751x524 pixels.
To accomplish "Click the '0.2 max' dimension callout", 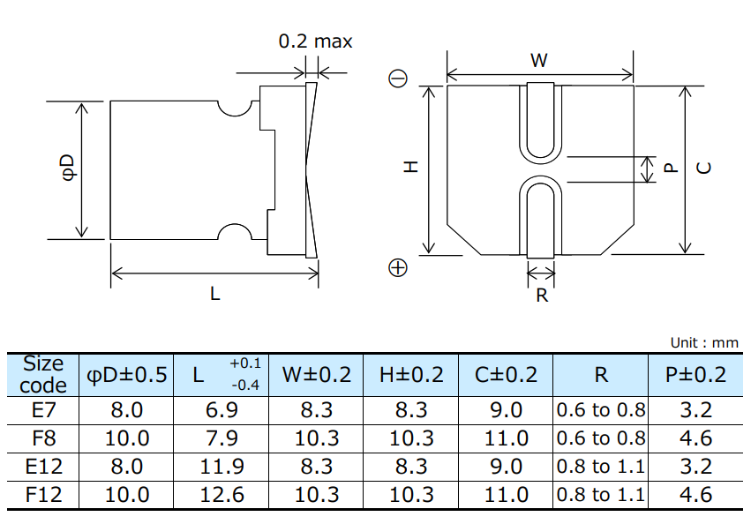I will point(315,41).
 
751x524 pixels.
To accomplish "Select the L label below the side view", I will point(214,295).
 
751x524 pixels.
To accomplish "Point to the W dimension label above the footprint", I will point(538,61).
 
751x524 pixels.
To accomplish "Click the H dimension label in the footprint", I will point(410,167).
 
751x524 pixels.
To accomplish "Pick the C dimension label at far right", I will point(704,168).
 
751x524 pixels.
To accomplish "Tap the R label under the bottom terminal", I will point(542,296).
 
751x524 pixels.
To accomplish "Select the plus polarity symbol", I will point(398,267).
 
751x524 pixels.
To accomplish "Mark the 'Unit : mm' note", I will point(704,343).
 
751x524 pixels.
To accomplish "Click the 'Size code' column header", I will point(43,374).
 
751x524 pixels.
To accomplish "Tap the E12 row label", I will point(43,467).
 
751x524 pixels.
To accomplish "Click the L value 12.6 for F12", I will point(222,495).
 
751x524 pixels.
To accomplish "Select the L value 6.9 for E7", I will point(222,410).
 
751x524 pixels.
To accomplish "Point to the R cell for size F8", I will point(600,438).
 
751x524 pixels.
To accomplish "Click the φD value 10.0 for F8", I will point(127,438).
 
